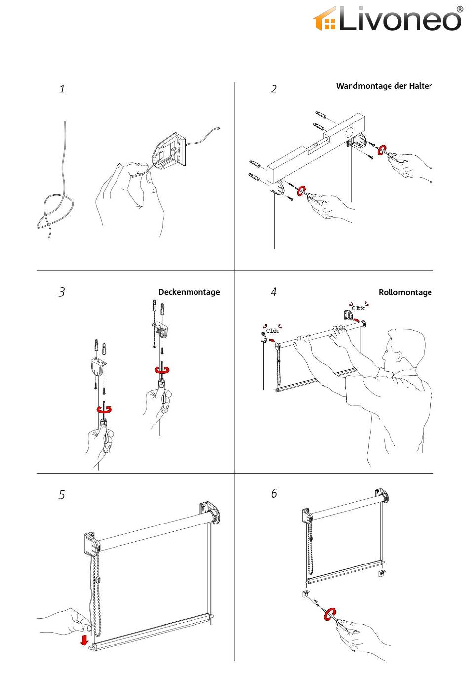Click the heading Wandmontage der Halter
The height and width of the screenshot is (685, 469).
(x=384, y=86)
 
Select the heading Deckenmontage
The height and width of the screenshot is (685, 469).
(x=189, y=292)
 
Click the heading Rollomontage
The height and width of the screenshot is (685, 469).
(x=405, y=292)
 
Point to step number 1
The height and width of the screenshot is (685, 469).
(x=62, y=89)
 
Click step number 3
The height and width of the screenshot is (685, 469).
(x=62, y=292)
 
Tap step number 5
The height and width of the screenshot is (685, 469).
(x=62, y=495)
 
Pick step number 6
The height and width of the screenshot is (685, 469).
(x=274, y=493)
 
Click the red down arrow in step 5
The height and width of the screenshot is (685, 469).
(x=84, y=640)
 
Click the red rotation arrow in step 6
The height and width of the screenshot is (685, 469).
(x=330, y=614)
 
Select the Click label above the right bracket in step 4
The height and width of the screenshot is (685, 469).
(x=358, y=308)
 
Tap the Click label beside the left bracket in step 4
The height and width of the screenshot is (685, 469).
(x=273, y=331)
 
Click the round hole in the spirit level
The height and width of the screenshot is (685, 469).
(x=350, y=132)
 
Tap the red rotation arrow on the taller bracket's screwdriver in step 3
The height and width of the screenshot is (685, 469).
(x=162, y=369)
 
